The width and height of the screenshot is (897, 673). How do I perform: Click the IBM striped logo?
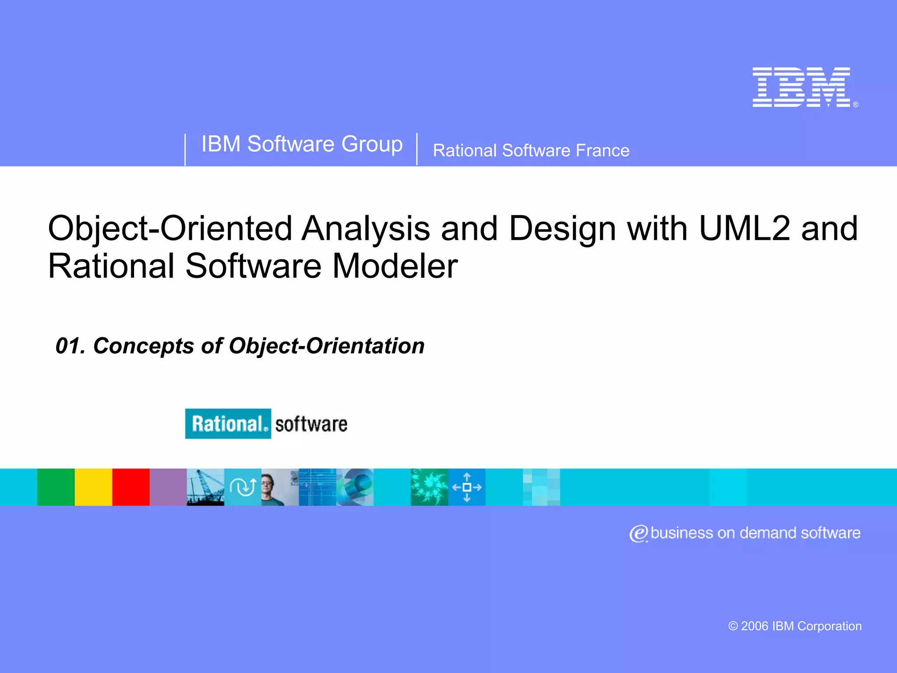click(801, 87)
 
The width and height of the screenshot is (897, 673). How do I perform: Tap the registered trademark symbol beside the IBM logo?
click(855, 105)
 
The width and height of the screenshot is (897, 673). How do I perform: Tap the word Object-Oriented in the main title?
click(170, 228)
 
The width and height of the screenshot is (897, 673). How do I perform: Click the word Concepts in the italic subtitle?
click(143, 346)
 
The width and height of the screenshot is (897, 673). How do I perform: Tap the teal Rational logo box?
click(228, 424)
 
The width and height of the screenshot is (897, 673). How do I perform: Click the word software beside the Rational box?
click(311, 424)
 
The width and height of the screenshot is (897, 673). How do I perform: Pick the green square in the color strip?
click(56, 487)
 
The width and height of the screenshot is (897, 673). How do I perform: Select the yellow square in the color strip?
click(93, 487)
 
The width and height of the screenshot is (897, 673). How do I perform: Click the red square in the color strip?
click(131, 487)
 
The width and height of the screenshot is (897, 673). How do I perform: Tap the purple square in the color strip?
click(168, 487)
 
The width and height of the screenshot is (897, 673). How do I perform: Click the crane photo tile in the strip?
click(205, 487)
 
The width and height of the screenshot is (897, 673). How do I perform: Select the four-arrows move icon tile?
click(466, 487)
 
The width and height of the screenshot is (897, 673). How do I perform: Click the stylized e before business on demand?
click(639, 534)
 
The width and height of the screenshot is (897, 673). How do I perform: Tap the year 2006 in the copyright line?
click(754, 626)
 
